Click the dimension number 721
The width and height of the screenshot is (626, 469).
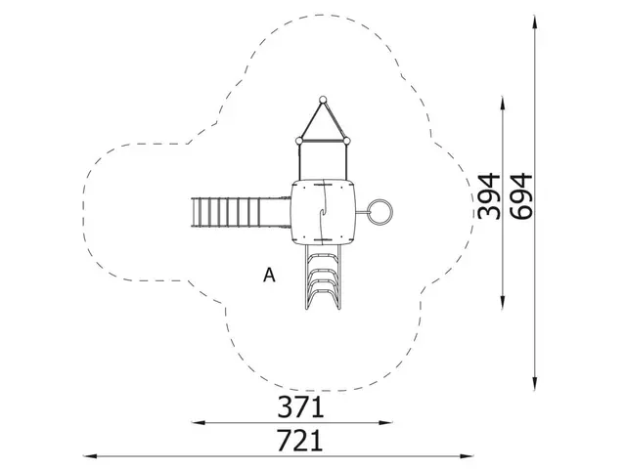coord(299,441)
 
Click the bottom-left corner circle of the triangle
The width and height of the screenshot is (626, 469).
coord(297,140)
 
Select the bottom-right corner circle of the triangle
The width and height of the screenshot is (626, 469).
coord(346,140)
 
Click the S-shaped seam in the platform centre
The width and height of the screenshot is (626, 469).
coord(322,208)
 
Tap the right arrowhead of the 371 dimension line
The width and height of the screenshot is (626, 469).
coord(393,423)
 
